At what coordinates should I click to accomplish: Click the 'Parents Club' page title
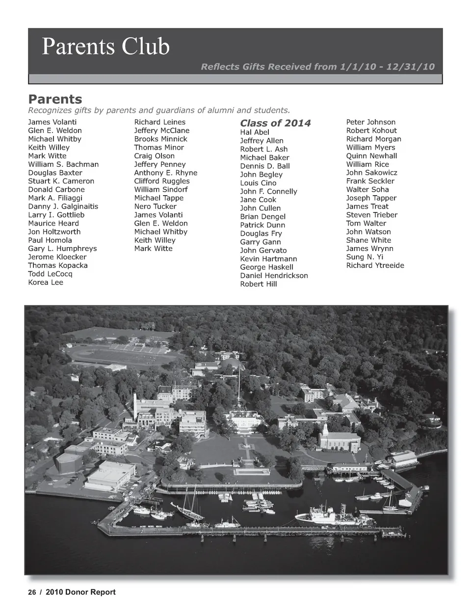pos(105,47)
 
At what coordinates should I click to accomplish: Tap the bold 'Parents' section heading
pos(55,100)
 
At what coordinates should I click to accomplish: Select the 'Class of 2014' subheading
pos(275,123)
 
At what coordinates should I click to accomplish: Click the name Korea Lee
pos(46,282)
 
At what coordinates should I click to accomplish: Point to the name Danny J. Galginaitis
pos(63,206)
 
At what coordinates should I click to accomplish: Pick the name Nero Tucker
pos(155,206)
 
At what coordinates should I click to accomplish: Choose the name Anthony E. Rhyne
pos(165,173)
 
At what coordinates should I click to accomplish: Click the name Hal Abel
pos(255,132)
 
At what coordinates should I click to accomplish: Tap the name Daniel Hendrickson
pos(274,276)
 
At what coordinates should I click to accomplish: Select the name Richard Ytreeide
pos(375,265)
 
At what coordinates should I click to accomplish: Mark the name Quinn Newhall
pos(371,156)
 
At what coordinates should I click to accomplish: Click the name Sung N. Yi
pos(365,257)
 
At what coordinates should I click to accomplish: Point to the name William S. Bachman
pos(63,164)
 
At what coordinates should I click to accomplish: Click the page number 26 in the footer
pos(32,592)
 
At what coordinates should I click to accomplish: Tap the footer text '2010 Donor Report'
pos(80,592)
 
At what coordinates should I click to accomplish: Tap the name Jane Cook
pos(258,200)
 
